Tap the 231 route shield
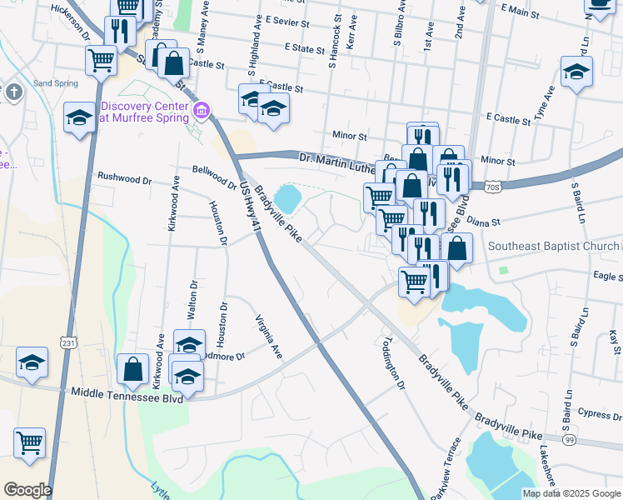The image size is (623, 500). click(x=68, y=342)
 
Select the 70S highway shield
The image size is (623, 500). click(x=492, y=188)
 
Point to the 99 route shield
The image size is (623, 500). click(x=569, y=439)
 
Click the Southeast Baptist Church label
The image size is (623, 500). click(x=553, y=246)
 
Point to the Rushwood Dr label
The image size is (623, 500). click(x=125, y=178)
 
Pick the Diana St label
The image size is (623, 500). click(x=482, y=222)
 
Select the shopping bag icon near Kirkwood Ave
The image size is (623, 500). click(x=133, y=367)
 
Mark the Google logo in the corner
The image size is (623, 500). click(x=27, y=490)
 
